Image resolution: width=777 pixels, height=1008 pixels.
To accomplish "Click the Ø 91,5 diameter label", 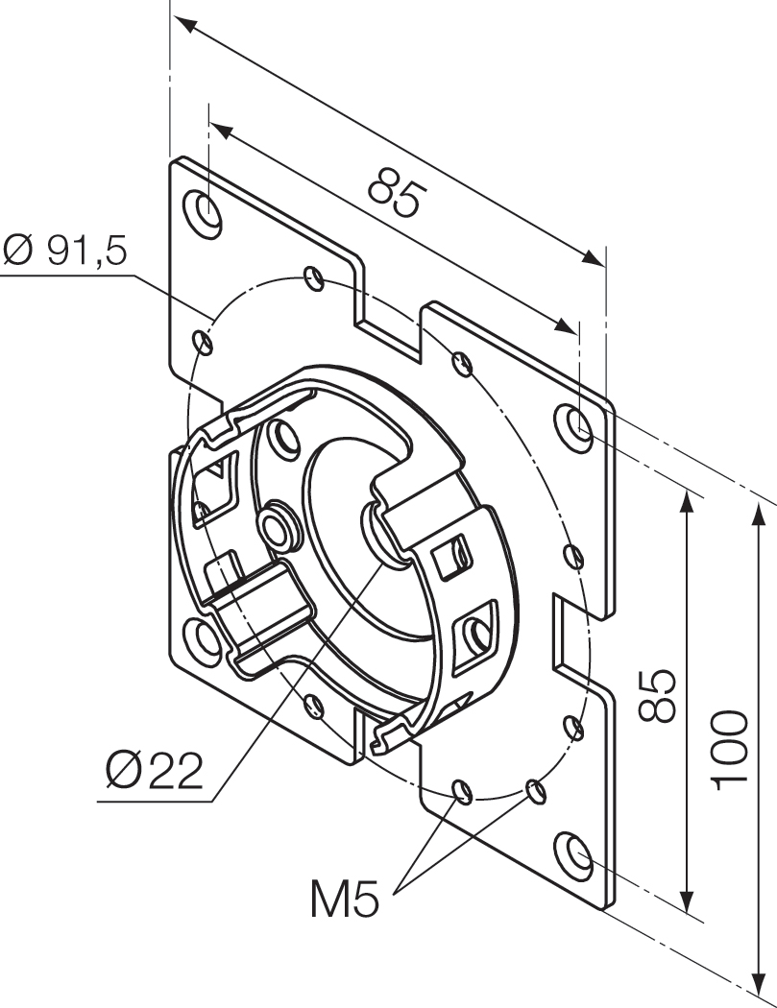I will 65,251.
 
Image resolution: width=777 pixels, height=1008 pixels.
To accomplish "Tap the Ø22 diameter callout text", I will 155,771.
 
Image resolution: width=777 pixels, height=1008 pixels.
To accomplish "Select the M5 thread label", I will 345,900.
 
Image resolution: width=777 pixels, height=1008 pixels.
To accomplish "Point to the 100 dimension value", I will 731,749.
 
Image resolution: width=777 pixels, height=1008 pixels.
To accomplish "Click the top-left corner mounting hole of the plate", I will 205,210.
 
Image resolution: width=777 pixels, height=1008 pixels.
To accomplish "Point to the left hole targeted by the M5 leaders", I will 462,792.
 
